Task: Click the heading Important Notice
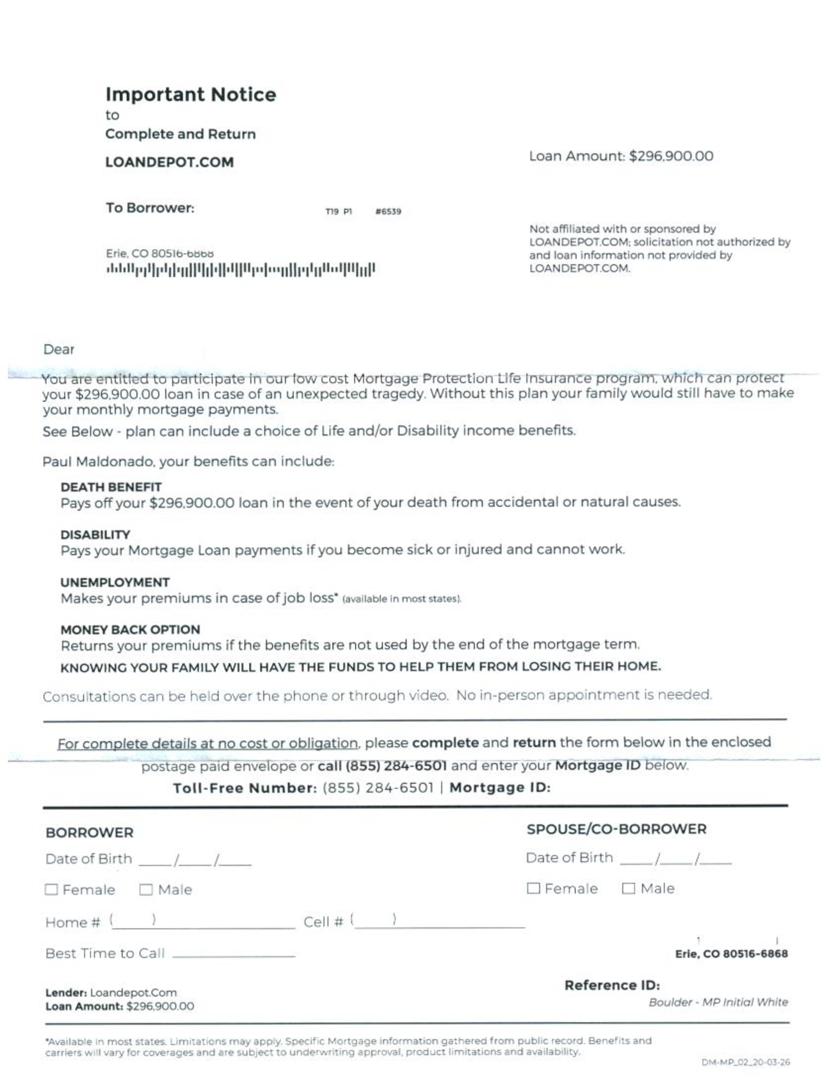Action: coord(191,94)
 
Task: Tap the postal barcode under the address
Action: coord(241,270)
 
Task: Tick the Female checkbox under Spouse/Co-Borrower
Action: coord(533,888)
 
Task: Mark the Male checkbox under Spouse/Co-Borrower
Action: coord(628,888)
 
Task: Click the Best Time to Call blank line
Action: coord(234,955)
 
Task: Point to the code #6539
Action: coord(388,211)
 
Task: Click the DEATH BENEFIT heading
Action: coord(111,487)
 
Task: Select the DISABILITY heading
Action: coord(95,535)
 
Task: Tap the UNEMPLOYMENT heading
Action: coord(115,582)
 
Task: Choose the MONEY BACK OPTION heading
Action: coord(130,630)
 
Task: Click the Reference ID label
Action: coord(612,986)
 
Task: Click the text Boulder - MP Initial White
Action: coord(718,1002)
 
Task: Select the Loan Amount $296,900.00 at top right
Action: coord(621,156)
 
